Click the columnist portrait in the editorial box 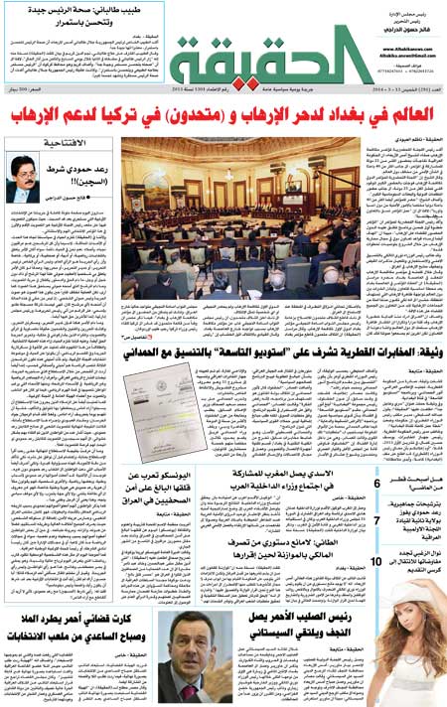point(25,180)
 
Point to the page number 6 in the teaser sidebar point(376,486)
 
